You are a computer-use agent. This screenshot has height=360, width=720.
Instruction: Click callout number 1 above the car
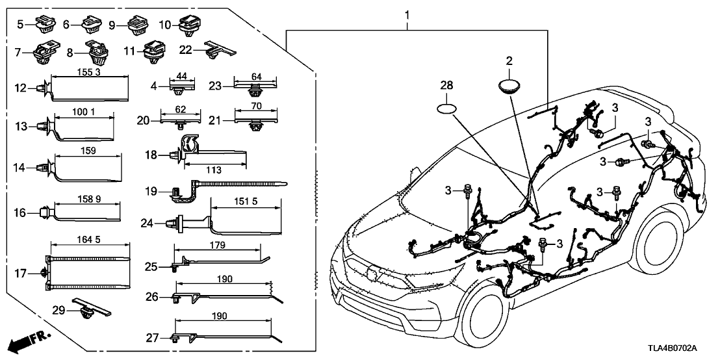pos(407,14)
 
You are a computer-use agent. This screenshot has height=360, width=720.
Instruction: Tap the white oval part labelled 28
pos(448,107)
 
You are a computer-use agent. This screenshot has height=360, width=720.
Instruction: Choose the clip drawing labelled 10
pos(192,25)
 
